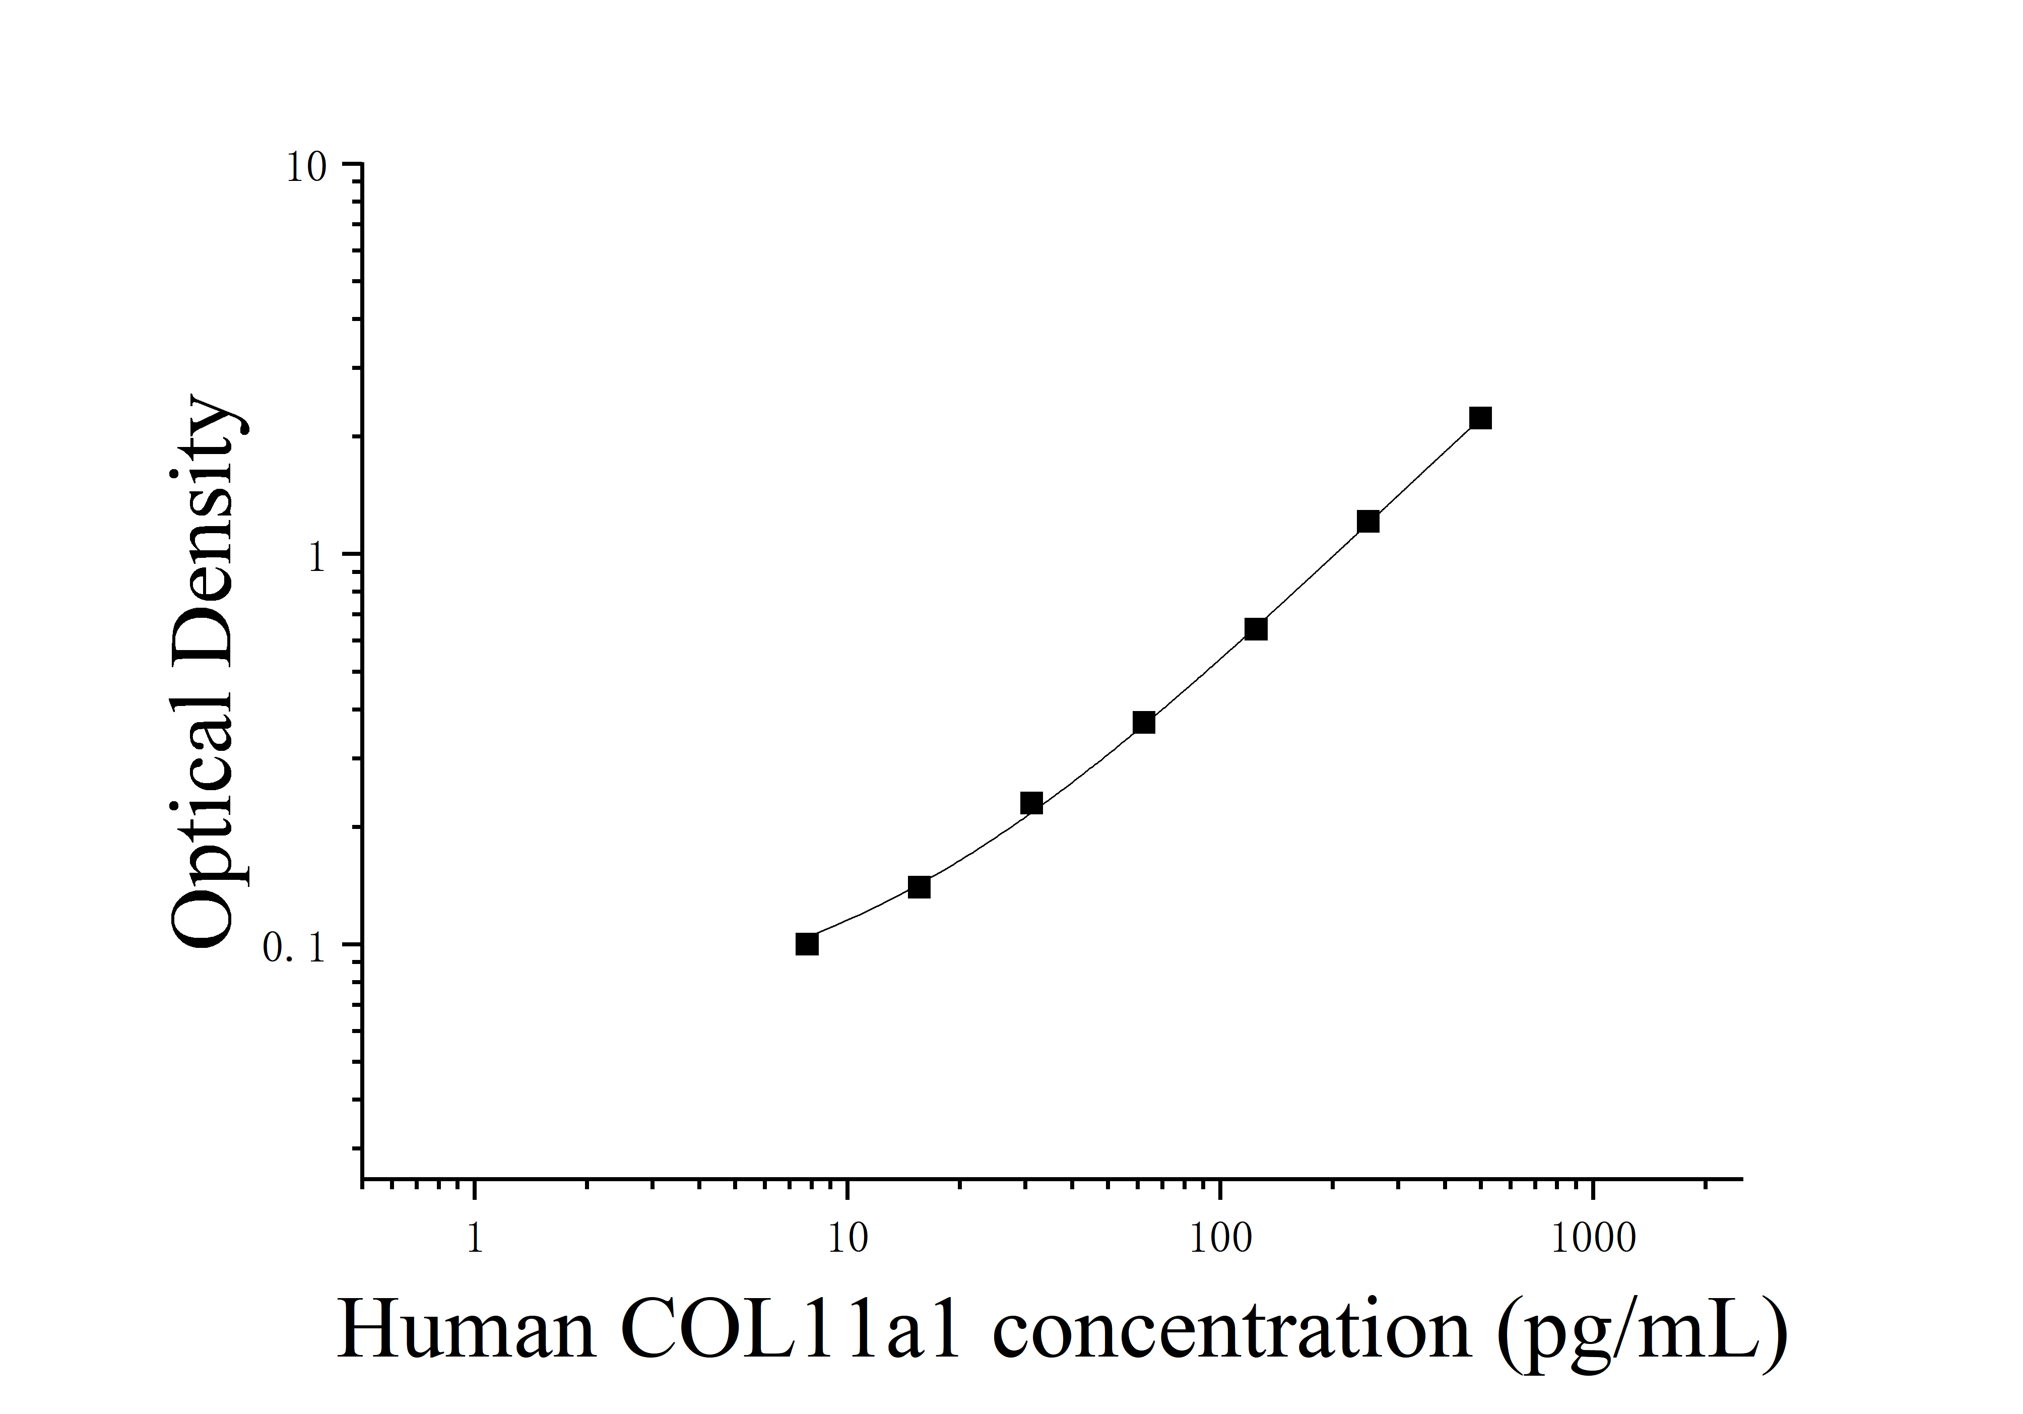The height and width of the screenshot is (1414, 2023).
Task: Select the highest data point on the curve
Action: tap(1480, 418)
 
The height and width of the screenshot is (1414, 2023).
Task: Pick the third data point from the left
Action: tap(1031, 803)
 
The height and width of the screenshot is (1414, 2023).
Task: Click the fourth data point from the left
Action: tap(1144, 723)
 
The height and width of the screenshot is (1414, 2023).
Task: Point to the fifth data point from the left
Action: tap(1256, 629)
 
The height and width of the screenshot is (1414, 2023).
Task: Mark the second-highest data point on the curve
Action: tap(1367, 522)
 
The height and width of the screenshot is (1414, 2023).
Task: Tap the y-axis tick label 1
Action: tap(317, 557)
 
